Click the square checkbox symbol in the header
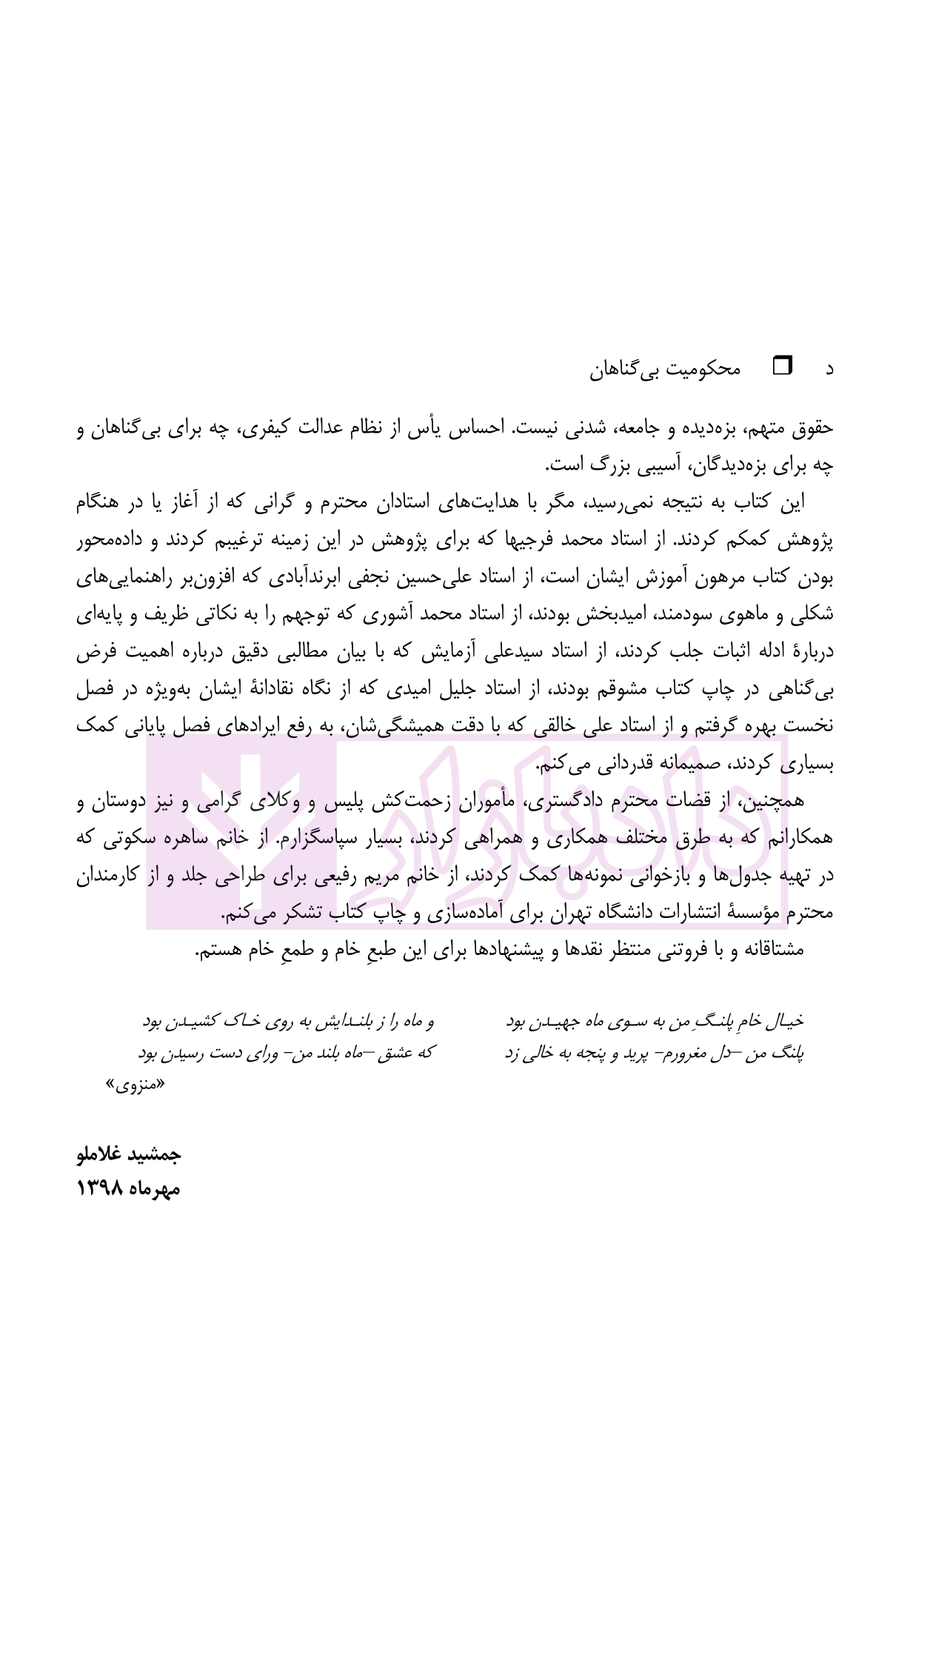click(x=782, y=366)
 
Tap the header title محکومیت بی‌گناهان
click(x=665, y=368)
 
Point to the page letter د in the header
click(x=829, y=368)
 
